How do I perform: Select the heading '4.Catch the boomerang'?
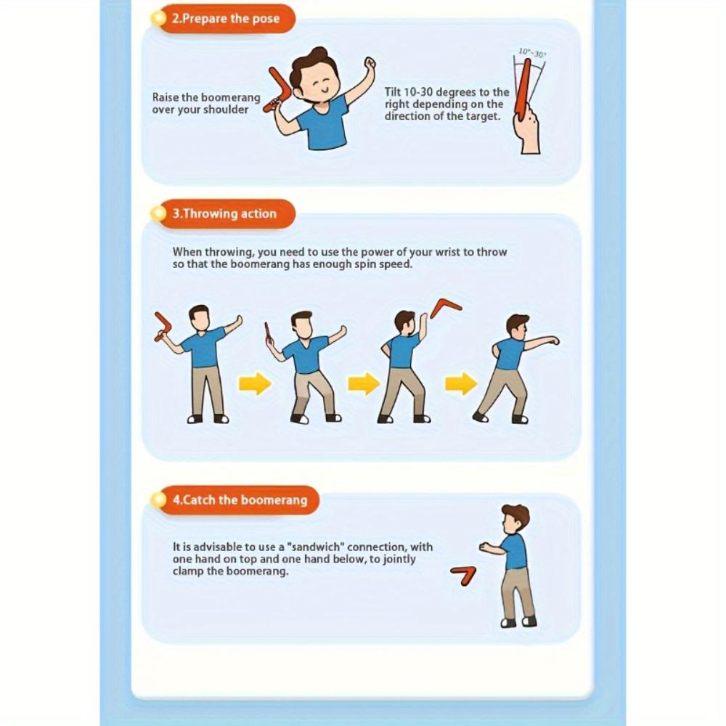coord(239,500)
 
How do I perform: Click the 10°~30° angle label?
coord(532,53)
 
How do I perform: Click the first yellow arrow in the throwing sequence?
coord(254,383)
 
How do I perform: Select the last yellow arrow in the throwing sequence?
coord(461,383)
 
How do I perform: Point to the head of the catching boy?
coord(515,518)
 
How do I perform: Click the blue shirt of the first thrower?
coord(204,348)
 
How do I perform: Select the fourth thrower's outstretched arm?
coord(541,341)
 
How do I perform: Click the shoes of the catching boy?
coord(518,621)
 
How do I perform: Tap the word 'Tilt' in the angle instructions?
coord(396,92)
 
